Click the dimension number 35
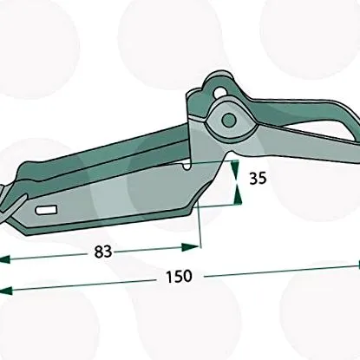[258, 179]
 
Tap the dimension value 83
[103, 252]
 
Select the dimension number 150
[179, 276]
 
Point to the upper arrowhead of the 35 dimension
[235, 169]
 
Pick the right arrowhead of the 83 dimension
[190, 247]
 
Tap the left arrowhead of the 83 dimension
[4, 259]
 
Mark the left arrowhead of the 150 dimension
[5, 291]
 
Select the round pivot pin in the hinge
[229, 120]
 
